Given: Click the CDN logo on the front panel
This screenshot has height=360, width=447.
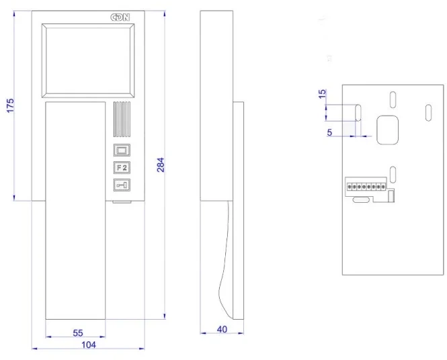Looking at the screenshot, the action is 120,17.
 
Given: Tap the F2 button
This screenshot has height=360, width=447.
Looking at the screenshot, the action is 122,167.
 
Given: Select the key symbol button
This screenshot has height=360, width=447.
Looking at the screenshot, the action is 122,185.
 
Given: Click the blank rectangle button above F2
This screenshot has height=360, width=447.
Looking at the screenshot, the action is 122,150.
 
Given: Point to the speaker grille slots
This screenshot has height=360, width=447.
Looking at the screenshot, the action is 122,120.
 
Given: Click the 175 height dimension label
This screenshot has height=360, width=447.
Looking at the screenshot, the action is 10,105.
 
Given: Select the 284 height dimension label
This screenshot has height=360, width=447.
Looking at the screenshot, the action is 161,165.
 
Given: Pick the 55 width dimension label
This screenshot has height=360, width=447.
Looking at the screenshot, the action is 78,333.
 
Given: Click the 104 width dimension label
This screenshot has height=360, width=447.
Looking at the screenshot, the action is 89,345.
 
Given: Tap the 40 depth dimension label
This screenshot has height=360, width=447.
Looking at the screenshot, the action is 222,329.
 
